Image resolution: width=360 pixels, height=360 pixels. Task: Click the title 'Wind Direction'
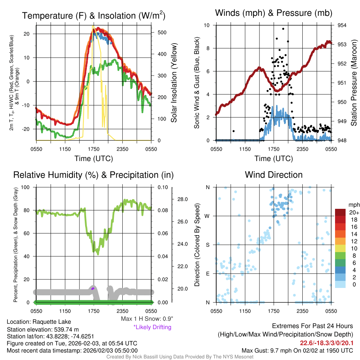point(274,175)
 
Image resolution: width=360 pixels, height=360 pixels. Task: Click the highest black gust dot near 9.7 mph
point(283,29)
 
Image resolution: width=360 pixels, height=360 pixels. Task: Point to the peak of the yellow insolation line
point(93,26)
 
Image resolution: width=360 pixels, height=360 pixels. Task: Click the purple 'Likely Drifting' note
point(152,327)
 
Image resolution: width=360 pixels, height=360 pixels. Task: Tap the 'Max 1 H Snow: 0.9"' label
point(147,319)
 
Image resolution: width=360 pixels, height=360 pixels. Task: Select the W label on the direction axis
point(207,216)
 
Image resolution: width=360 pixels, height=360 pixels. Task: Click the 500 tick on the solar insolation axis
point(162,32)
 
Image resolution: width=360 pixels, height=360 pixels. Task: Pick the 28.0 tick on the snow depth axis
point(183,199)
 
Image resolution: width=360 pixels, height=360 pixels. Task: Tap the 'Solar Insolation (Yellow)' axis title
point(174,83)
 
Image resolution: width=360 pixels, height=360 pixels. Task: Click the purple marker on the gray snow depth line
point(93,288)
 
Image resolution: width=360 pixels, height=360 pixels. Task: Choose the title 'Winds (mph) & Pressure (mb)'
point(274,13)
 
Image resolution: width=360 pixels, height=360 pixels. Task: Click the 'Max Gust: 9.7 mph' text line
point(297,351)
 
